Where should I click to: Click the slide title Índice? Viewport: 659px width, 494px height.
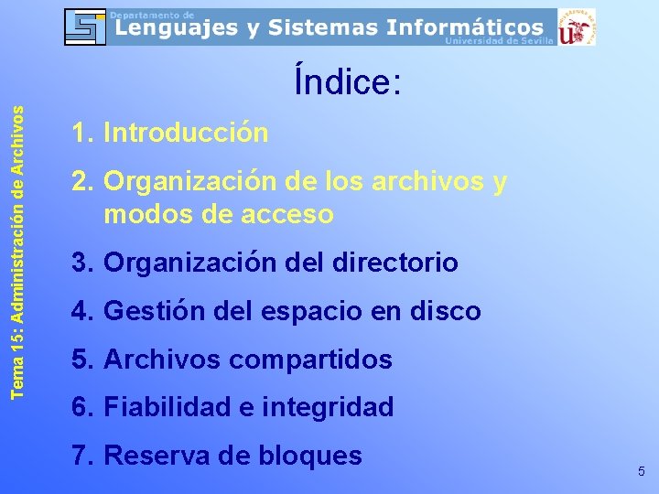click(347, 81)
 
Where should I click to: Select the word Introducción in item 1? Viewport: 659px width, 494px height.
click(186, 134)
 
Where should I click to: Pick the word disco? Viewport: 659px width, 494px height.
click(446, 312)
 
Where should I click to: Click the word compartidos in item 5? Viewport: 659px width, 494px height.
click(310, 360)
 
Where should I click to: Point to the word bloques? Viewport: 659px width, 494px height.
click(310, 456)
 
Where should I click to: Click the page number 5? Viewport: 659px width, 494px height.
click(642, 471)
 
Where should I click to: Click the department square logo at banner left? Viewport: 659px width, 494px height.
click(86, 27)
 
